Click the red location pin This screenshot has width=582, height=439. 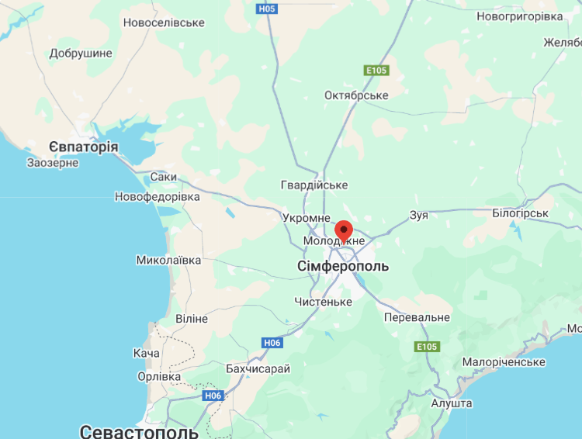pos(344,231)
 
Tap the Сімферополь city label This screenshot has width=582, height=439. pos(343,267)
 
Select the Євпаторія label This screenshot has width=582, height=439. pos(83,147)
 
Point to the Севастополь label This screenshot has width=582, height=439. pos(139,430)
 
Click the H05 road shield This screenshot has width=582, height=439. pos(266,9)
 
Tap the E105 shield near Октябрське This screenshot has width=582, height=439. pos(376,71)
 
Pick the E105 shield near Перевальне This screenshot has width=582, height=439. pos(427,346)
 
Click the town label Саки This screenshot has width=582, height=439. pos(163,177)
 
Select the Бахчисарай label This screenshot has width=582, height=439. pos(258,368)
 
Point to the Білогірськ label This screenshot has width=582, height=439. pos(520,213)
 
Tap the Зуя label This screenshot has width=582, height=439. pos(418,215)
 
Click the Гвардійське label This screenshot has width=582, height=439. pos(314,185)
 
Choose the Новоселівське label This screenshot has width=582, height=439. pos(164,22)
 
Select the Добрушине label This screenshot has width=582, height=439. pos(81,54)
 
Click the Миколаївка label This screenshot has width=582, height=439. pos(168,260)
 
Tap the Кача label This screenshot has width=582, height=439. pos(146,353)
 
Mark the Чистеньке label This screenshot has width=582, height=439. pos(324,301)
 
